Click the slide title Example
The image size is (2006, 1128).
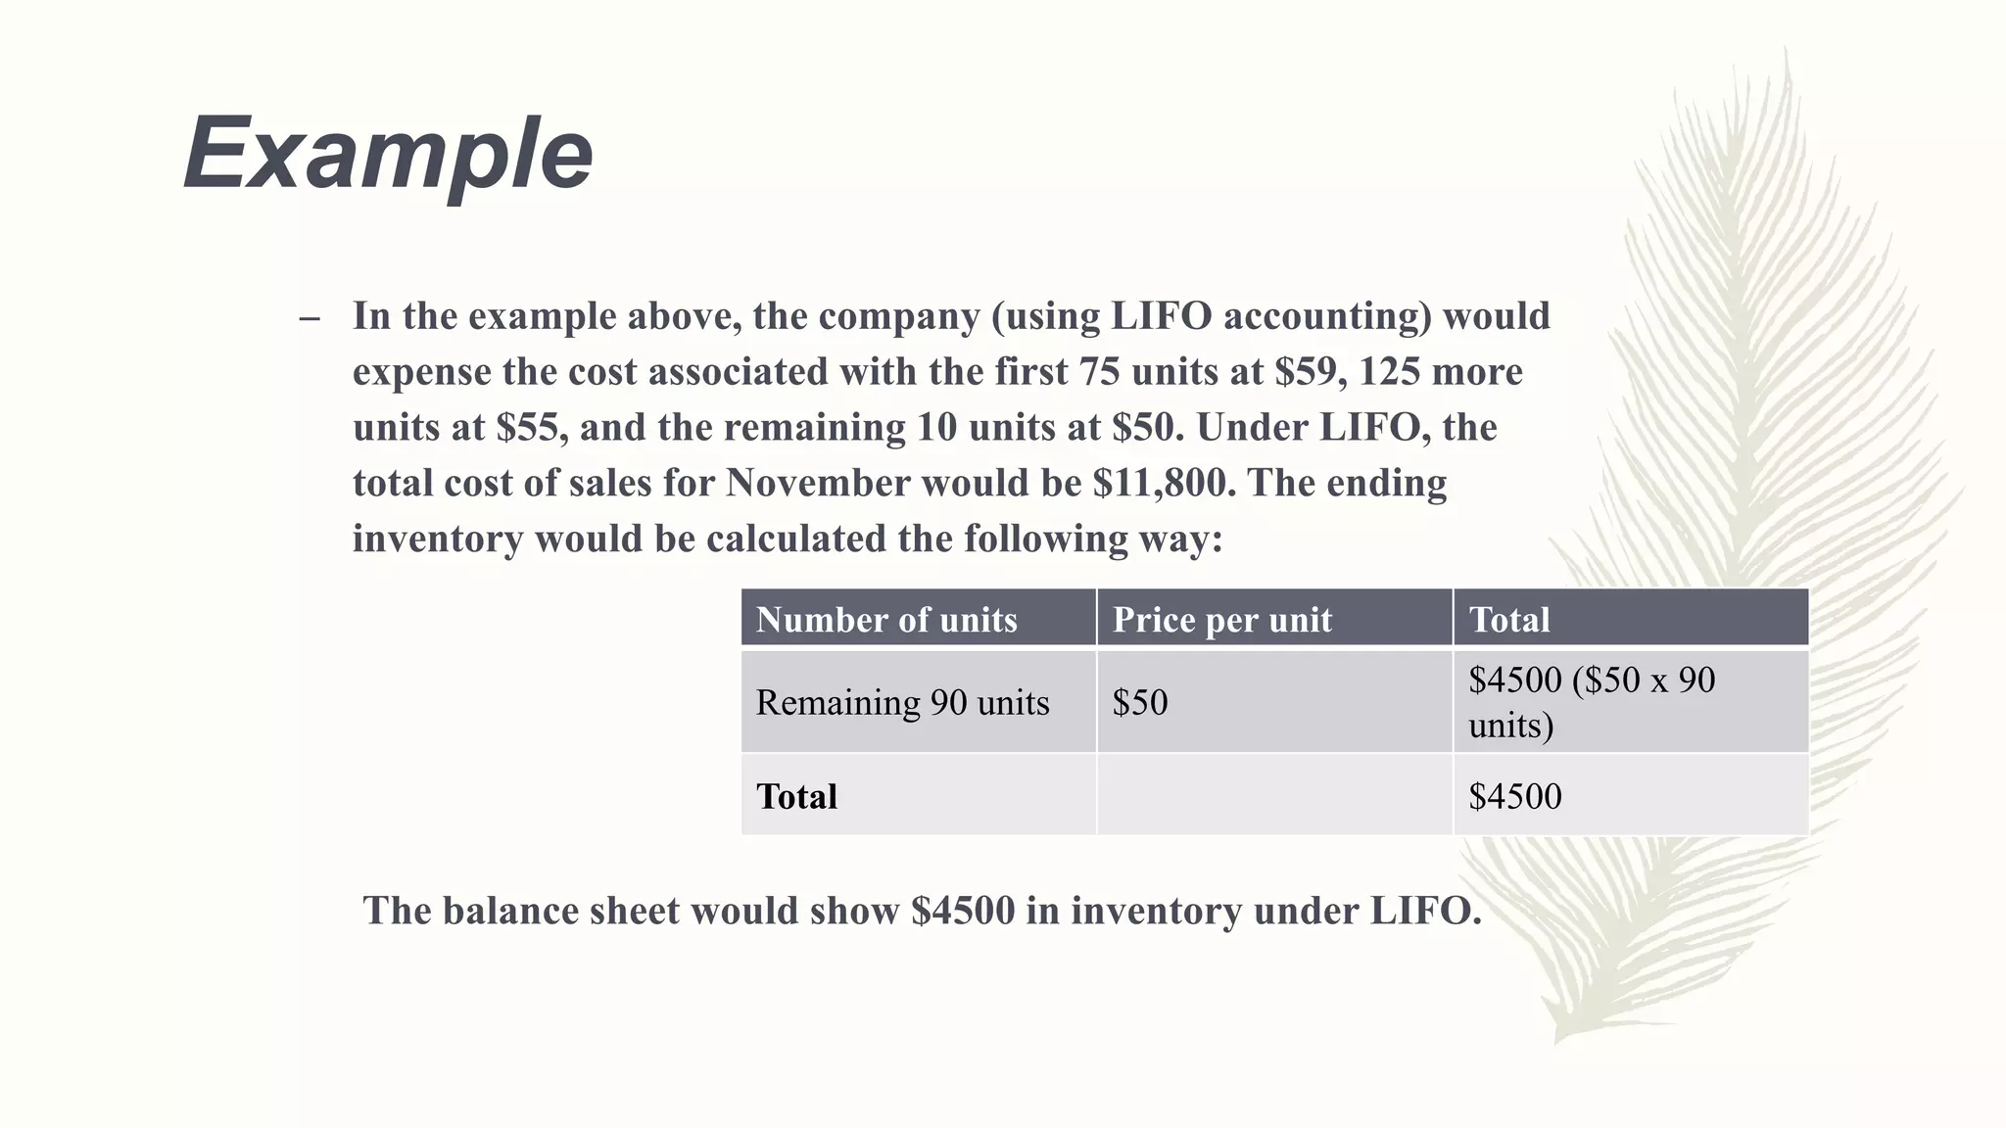(x=388, y=154)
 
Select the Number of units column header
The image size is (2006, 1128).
(x=886, y=620)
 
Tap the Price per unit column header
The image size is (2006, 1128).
(x=1221, y=620)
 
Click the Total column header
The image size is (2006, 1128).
(x=1509, y=620)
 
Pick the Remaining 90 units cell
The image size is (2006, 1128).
(x=902, y=702)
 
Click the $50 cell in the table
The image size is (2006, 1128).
(x=1140, y=702)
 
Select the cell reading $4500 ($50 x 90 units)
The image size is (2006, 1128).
(x=1592, y=701)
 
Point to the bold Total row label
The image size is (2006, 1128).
(x=796, y=796)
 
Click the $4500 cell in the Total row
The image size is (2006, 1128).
(x=1515, y=796)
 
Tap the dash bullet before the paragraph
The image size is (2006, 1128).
(x=310, y=318)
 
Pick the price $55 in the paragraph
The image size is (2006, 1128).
(x=530, y=428)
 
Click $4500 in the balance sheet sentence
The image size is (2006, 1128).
(x=963, y=911)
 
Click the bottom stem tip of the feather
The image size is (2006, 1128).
(x=1557, y=1039)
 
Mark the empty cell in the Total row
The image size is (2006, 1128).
(x=1273, y=796)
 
